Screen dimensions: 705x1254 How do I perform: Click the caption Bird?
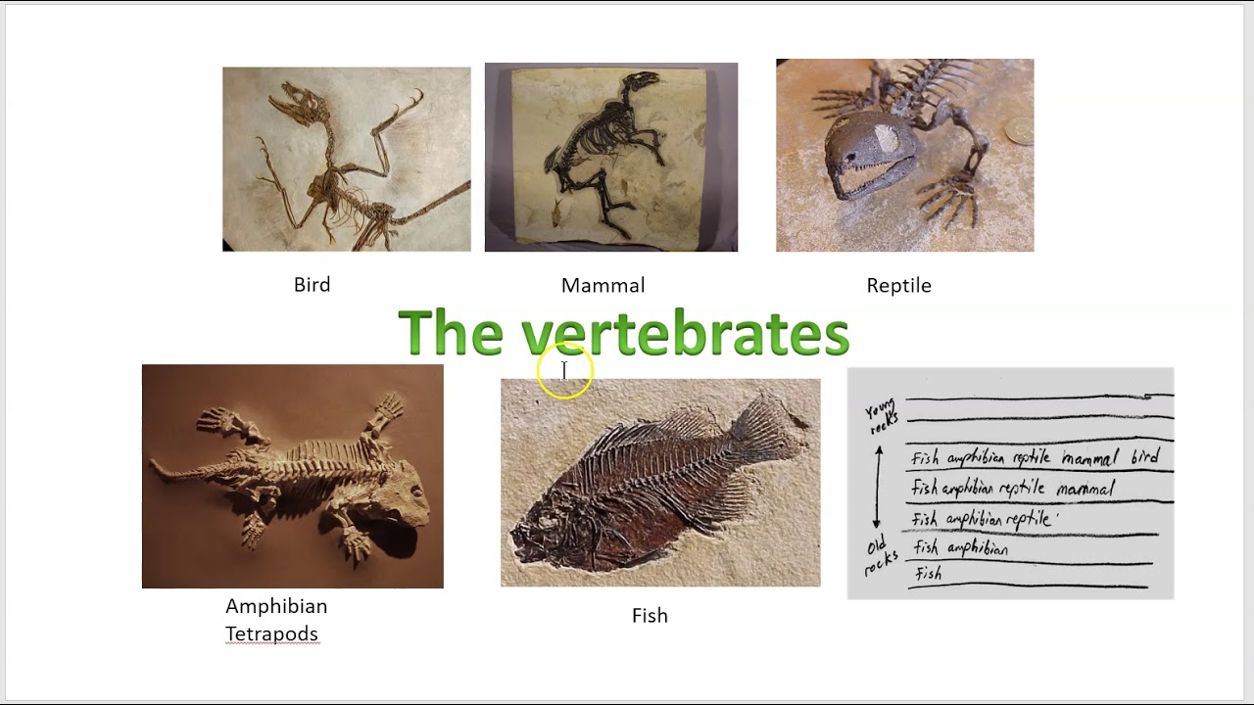312,285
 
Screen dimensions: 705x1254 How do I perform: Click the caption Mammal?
603,286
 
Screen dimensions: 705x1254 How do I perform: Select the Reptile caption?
898,286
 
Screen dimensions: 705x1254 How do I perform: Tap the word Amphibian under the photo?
276,606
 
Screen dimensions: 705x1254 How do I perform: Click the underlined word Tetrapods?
271,634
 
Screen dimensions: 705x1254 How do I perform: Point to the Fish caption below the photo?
650,616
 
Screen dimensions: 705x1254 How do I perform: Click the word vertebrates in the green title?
685,334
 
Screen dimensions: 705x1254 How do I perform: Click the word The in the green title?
450,334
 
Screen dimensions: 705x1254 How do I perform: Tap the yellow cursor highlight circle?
565,372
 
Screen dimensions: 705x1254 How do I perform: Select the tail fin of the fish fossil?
773,431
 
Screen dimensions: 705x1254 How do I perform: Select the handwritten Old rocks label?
879,556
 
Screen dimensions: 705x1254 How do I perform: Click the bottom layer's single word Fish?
928,574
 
